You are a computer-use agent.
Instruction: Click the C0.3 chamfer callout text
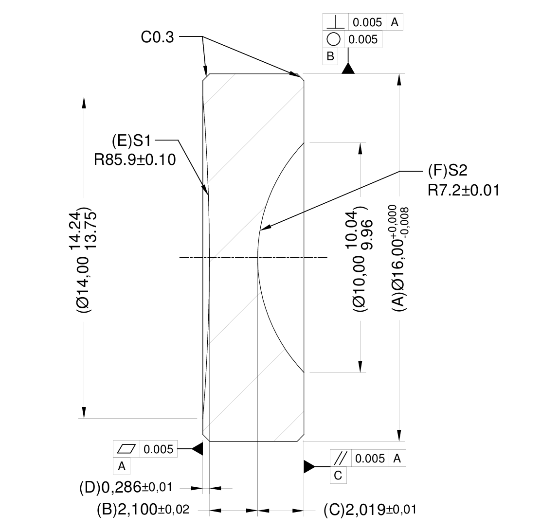[x=157, y=37]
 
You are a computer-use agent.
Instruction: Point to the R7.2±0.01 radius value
[x=464, y=190]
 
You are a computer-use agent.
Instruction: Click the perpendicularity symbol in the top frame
[x=334, y=22]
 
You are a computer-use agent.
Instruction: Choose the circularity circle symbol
[x=334, y=39]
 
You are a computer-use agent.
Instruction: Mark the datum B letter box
[x=330, y=56]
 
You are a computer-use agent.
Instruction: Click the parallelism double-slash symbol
[x=341, y=458]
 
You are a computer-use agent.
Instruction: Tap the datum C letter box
[x=338, y=476]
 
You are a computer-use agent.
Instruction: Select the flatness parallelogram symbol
[x=126, y=449]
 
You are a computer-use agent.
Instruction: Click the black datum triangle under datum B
[x=347, y=69]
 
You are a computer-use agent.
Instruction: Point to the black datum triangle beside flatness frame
[x=197, y=449]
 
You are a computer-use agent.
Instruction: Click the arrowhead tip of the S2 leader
[x=261, y=229]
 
